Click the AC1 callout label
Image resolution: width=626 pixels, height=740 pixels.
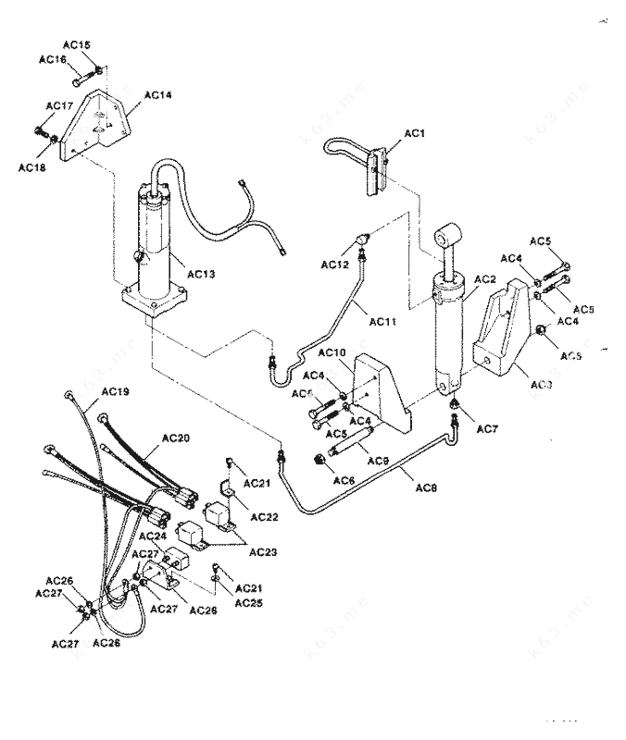tap(414, 133)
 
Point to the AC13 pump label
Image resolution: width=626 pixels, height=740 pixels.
tap(201, 273)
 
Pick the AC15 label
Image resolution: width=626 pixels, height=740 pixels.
tap(78, 45)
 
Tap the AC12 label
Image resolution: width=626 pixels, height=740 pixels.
tap(334, 265)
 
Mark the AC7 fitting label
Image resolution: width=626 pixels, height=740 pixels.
tap(487, 431)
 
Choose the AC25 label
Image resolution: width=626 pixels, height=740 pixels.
tap(248, 603)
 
